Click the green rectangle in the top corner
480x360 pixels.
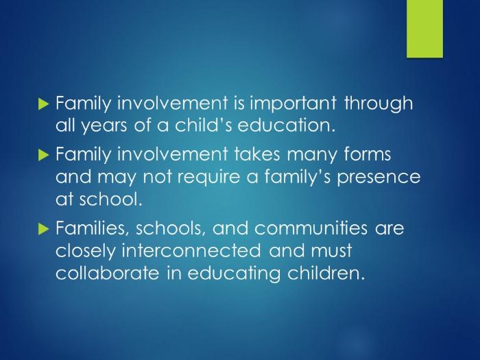click(x=424, y=29)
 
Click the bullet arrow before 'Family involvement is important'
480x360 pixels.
click(x=43, y=104)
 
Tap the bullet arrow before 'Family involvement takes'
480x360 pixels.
click(x=43, y=155)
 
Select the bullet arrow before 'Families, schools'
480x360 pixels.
click(x=43, y=228)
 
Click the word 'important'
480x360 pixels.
click(x=293, y=103)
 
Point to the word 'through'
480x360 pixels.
click(x=379, y=104)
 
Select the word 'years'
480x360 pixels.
click(x=104, y=126)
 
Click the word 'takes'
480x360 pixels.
click(x=257, y=154)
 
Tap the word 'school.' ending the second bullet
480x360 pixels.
click(x=111, y=199)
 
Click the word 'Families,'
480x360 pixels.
click(x=93, y=228)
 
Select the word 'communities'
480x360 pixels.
click(x=311, y=228)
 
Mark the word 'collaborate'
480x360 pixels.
click(x=108, y=272)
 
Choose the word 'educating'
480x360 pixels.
click(x=234, y=274)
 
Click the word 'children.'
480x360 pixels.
click(x=326, y=272)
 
